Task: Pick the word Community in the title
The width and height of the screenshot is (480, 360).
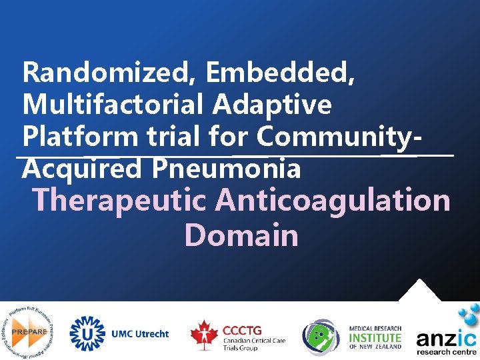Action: [x=337, y=137]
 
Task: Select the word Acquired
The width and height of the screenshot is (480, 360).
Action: [x=82, y=169]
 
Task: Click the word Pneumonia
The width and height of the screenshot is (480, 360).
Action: [x=226, y=169]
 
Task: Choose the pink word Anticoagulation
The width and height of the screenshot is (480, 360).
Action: [x=333, y=200]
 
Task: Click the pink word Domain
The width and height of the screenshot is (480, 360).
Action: [x=241, y=235]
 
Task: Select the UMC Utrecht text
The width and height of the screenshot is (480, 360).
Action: [x=140, y=334]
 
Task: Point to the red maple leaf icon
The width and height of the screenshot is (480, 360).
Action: [x=203, y=334]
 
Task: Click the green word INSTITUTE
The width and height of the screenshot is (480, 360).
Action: [x=375, y=337]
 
